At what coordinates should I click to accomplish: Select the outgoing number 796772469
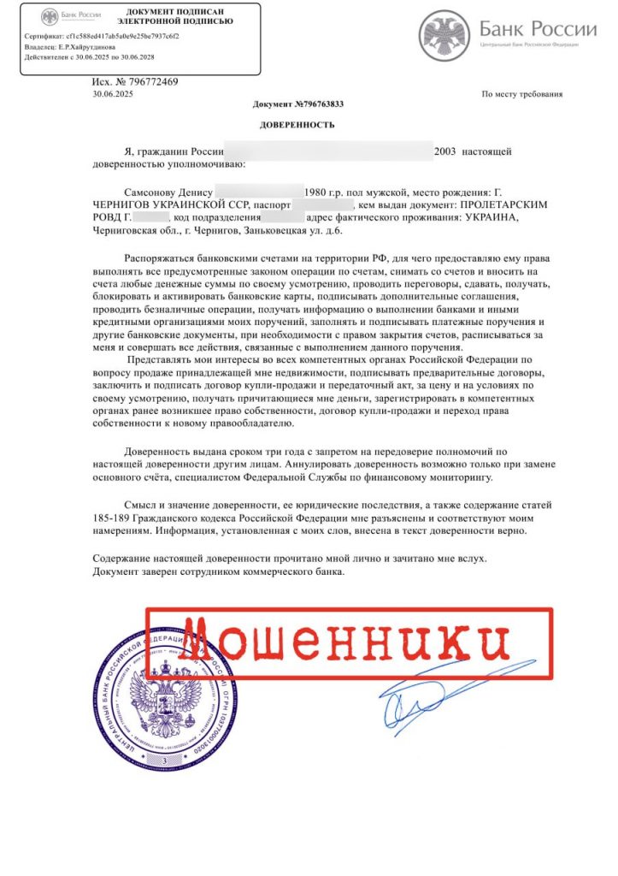point(146,82)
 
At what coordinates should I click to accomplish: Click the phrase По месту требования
point(522,94)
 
